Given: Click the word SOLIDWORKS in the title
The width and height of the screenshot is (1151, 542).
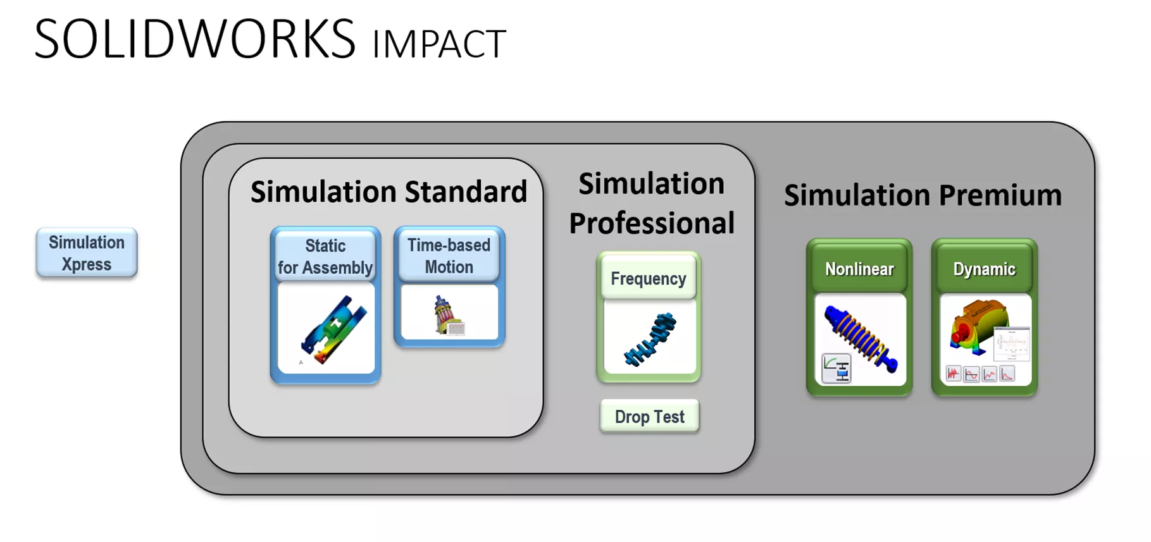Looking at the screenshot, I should point(195,39).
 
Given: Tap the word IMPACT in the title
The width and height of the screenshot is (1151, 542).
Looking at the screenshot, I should point(439,44).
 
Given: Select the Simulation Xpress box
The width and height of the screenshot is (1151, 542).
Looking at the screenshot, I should point(87,253).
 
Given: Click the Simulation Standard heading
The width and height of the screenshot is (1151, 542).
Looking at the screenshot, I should point(389,192).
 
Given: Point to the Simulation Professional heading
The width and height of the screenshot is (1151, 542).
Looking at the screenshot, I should point(651,204).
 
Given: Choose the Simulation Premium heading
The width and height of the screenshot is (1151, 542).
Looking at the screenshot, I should point(923,195).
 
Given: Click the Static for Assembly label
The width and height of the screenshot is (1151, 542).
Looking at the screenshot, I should point(325,257).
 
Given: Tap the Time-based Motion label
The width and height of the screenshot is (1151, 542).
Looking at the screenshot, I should point(449,256).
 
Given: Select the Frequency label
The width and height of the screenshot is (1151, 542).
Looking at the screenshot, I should point(648,279).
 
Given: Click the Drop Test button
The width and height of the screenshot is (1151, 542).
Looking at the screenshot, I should point(649,417).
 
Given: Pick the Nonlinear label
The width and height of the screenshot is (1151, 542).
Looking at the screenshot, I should point(859,269).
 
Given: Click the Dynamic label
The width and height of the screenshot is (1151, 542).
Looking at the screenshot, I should point(984,269).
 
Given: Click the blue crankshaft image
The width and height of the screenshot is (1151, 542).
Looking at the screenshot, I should point(650,338).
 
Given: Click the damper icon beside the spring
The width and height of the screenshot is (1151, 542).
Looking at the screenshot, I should point(836,369).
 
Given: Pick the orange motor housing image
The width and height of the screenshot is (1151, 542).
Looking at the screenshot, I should point(975,326).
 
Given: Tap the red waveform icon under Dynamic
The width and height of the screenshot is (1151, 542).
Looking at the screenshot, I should point(953,374).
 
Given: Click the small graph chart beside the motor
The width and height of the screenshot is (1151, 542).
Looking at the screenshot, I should point(1013,345).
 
